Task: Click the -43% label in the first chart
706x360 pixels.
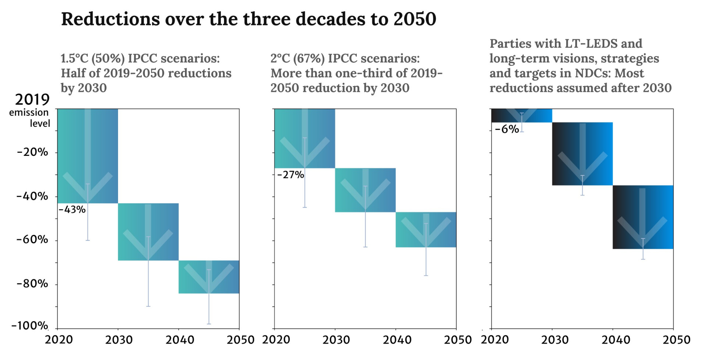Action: pyautogui.click(x=72, y=210)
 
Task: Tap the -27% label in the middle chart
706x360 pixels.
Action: pyautogui.click(x=290, y=175)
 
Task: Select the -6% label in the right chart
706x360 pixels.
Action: pyautogui.click(x=507, y=129)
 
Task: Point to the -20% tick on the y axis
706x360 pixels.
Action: pyautogui.click(x=32, y=152)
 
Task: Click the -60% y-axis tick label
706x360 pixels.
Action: pyautogui.click(x=32, y=240)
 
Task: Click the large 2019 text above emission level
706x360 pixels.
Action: pyautogui.click(x=32, y=99)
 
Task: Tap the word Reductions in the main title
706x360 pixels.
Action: pyautogui.click(x=110, y=19)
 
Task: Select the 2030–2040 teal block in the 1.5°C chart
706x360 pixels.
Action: pyautogui.click(x=148, y=232)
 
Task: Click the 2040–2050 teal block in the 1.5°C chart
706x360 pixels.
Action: pyautogui.click(x=209, y=277)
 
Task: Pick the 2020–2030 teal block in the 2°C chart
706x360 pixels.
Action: pyautogui.click(x=304, y=138)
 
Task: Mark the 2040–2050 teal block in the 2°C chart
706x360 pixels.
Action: pyautogui.click(x=426, y=229)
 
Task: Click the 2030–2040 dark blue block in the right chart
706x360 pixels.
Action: pyautogui.click(x=582, y=154)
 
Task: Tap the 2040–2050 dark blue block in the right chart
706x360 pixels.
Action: pyautogui.click(x=643, y=217)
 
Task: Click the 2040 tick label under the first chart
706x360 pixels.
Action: pyautogui.click(x=180, y=340)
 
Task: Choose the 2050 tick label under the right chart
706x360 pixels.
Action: pyautogui.click(x=676, y=340)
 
